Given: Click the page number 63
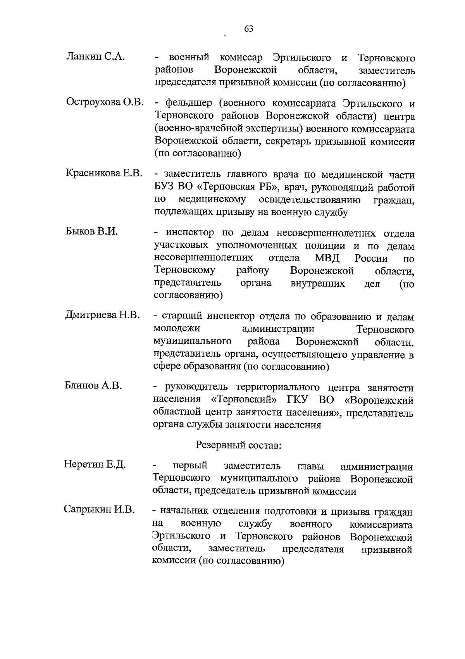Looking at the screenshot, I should pos(248,28).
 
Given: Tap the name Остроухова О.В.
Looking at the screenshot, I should pos(105,102).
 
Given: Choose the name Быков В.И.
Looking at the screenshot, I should pos(91,231).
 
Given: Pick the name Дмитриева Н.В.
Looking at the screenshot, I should pos(102,315).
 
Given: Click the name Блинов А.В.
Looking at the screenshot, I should pos(93,385).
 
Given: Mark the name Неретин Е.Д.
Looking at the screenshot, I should pos(95,464).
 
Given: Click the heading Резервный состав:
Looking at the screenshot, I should pos(238,445).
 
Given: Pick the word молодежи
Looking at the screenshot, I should pos(177,329).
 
